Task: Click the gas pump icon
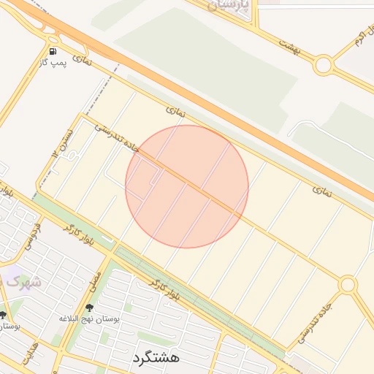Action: point(53,51)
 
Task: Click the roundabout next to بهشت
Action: point(323,65)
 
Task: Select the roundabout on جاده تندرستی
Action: point(348,284)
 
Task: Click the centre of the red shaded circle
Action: point(187,186)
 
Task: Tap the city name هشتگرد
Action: point(156,358)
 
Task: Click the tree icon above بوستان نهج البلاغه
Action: point(89,308)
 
